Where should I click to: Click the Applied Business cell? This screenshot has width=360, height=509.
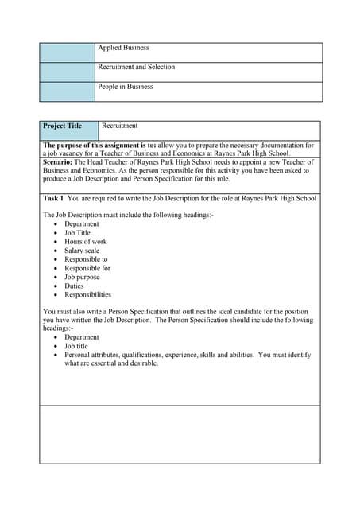(x=123, y=48)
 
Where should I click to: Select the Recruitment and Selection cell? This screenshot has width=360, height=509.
(x=136, y=67)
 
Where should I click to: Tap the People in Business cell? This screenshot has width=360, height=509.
(x=126, y=87)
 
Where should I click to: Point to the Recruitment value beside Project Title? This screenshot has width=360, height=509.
(x=119, y=126)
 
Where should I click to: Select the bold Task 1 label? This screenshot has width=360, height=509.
(x=53, y=198)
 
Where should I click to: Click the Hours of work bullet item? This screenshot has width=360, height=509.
(x=85, y=242)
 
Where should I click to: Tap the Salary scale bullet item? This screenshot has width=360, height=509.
(x=82, y=251)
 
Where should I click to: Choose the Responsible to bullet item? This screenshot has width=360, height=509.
(x=86, y=259)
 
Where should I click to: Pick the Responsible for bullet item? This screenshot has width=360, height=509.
(x=87, y=268)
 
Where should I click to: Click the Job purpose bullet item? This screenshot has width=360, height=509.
(x=83, y=277)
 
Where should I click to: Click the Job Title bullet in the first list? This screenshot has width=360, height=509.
(x=77, y=233)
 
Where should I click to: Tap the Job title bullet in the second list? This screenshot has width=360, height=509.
(x=76, y=346)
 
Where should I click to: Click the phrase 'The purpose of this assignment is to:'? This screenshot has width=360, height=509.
(x=99, y=146)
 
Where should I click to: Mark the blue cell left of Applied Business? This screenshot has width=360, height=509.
(x=67, y=52)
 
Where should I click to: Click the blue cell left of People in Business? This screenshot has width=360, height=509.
(x=67, y=91)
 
